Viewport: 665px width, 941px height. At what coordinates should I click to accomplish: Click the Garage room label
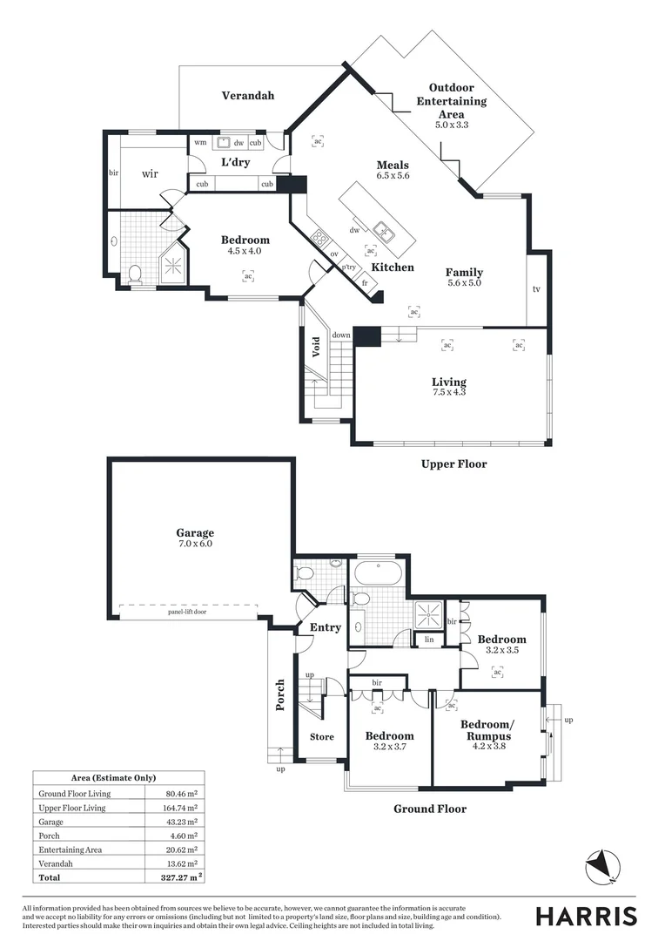pyautogui.click(x=194, y=533)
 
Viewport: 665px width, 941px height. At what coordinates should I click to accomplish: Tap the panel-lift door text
pyautogui.click(x=187, y=613)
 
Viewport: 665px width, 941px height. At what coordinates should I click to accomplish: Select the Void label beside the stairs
pyautogui.click(x=317, y=347)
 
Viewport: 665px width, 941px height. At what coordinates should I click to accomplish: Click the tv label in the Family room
pyautogui.click(x=536, y=289)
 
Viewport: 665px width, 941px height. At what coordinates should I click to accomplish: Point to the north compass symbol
pyautogui.click(x=602, y=865)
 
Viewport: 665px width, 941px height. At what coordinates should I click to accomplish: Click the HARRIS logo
pyautogui.click(x=586, y=916)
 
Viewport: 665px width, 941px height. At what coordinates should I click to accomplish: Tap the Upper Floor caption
pyautogui.click(x=453, y=464)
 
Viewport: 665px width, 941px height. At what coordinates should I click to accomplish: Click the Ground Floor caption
pyautogui.click(x=429, y=809)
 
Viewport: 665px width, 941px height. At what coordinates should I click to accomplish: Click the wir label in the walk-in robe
pyautogui.click(x=150, y=173)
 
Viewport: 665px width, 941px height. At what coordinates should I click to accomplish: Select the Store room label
pyautogui.click(x=322, y=737)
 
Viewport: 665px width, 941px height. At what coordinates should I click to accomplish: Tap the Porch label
pyautogui.click(x=280, y=694)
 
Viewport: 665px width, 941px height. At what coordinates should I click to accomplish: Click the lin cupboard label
pyautogui.click(x=427, y=640)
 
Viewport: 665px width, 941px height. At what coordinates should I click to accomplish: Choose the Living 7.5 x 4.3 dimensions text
pyautogui.click(x=449, y=392)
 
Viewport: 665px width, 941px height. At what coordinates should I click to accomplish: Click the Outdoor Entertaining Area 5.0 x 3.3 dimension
pyautogui.click(x=452, y=125)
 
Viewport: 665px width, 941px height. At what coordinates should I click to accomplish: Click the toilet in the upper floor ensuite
pyautogui.click(x=135, y=275)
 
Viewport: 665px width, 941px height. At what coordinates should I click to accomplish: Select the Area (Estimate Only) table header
pyautogui.click(x=118, y=778)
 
